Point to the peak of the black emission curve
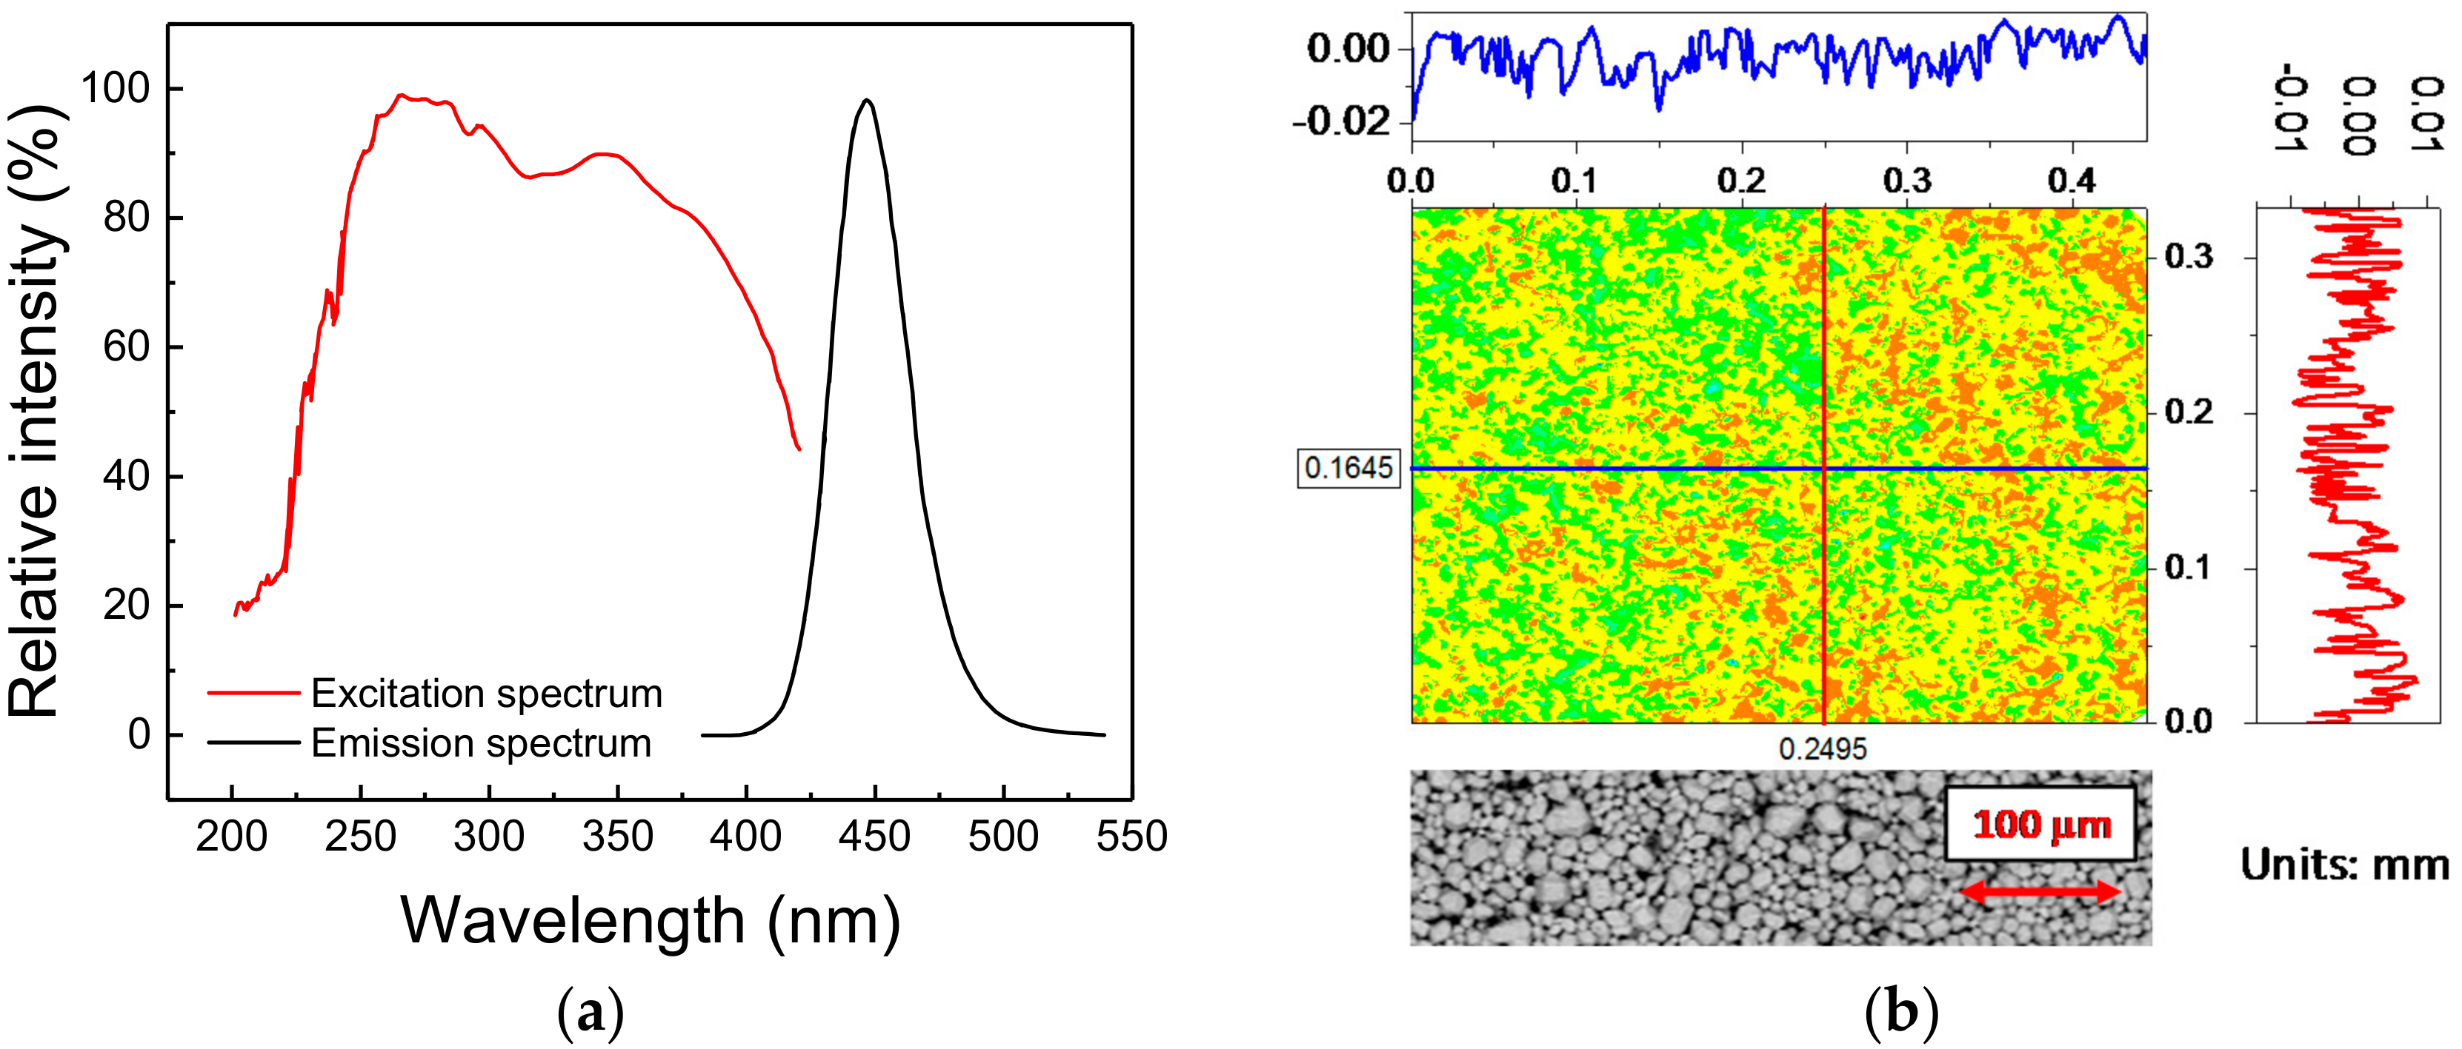(867, 101)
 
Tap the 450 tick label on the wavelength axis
(874, 837)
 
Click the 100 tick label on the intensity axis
(116, 89)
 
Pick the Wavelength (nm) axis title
(650, 921)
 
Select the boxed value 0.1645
(1348, 468)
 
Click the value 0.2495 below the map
(1823, 749)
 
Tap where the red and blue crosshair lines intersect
(1825, 468)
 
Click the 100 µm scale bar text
(2041, 825)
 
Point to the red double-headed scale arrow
(2040, 892)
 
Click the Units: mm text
(2343, 865)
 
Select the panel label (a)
(590, 1013)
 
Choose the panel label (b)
(1901, 1013)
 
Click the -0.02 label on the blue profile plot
(1341, 121)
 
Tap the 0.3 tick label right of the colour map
(2188, 257)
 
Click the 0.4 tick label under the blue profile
(2071, 181)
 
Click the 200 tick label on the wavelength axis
(231, 837)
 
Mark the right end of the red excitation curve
(799, 449)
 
